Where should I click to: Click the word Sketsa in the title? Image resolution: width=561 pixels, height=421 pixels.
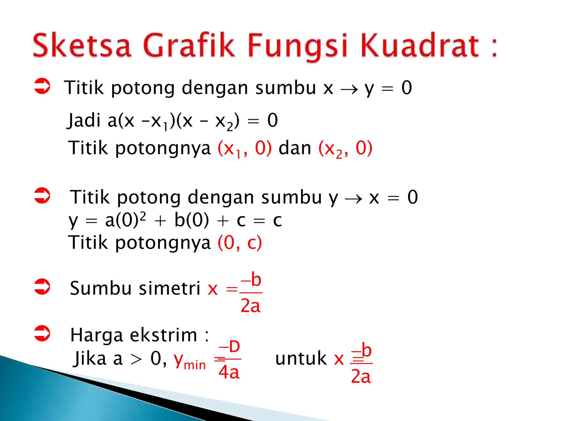pos(82,45)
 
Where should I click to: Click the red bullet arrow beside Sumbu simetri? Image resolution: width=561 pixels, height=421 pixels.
pos(42,287)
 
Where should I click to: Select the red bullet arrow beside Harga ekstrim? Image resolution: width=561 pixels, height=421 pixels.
pos(42,333)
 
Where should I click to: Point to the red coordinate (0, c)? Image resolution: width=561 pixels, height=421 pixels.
pos(240,243)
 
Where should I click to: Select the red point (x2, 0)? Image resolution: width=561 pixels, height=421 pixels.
pos(345,148)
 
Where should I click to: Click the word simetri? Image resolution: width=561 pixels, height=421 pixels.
pos(170,288)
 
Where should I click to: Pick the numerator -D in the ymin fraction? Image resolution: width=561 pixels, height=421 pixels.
pos(230,346)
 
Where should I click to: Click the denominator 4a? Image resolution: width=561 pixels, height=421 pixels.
pos(229,372)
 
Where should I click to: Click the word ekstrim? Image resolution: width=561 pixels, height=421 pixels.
pos(163,335)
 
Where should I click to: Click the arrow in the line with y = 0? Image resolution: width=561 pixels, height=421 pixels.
pos(349,89)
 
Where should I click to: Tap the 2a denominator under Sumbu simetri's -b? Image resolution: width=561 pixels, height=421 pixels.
pos(250,306)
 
